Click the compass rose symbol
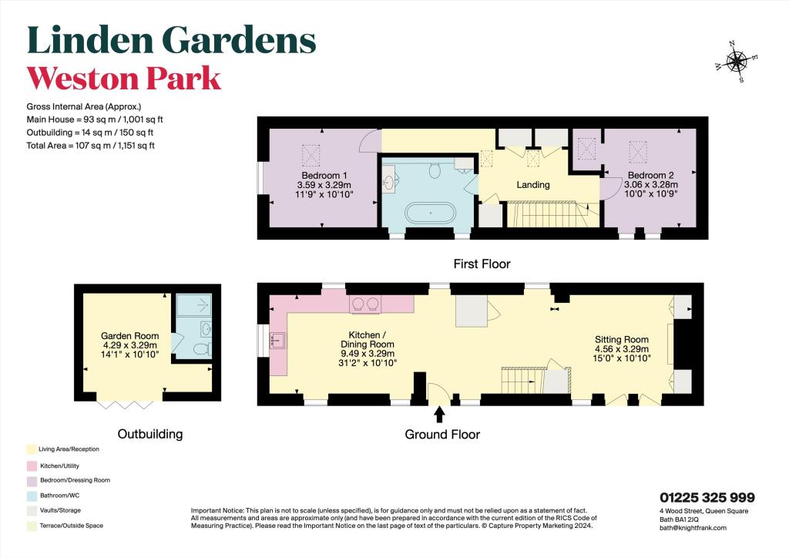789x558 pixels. pyautogui.click(x=738, y=61)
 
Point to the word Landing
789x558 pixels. pyautogui.click(x=532, y=184)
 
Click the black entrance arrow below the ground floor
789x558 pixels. pyautogui.click(x=440, y=415)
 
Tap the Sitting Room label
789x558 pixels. pyautogui.click(x=621, y=339)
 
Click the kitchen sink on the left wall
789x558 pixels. pyautogui.click(x=278, y=339)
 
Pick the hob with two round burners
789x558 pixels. pyautogui.click(x=364, y=304)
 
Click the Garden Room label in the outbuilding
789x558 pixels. pyautogui.click(x=130, y=336)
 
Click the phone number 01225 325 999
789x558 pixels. pyautogui.click(x=707, y=498)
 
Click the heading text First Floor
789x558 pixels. pyautogui.click(x=481, y=264)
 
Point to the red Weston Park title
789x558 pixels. pyautogui.click(x=124, y=79)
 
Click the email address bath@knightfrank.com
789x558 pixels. pyautogui.click(x=693, y=528)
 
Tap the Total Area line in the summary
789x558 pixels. pyautogui.click(x=91, y=145)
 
